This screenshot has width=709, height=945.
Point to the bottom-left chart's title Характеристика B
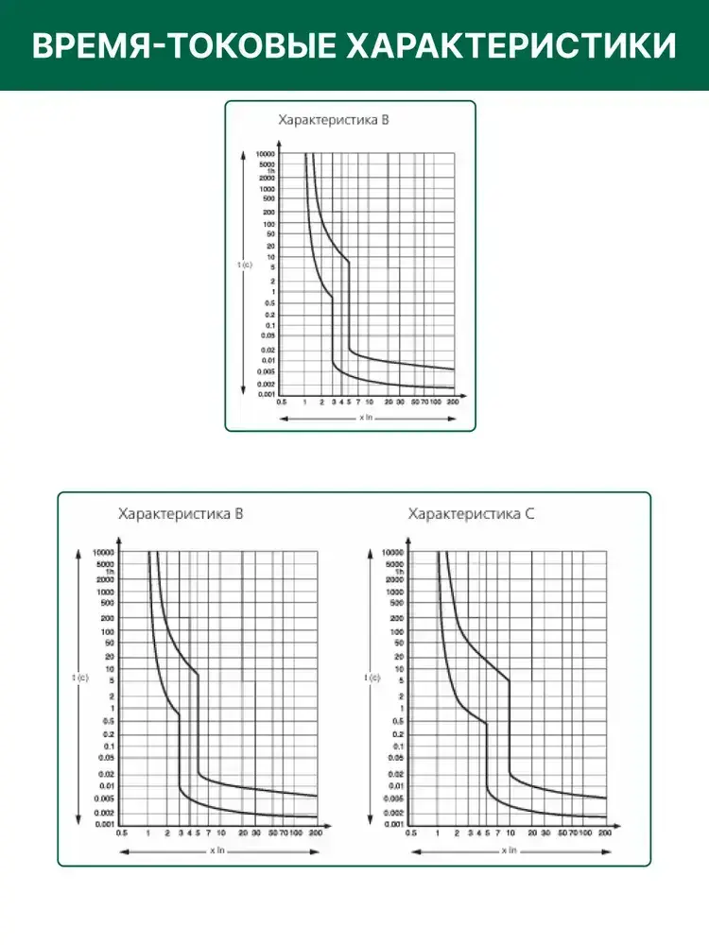point(181,515)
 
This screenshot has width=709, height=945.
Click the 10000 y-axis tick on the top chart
point(266,153)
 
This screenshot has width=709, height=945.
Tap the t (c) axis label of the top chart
point(245,266)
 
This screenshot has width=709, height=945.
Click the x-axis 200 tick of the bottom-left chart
point(316,833)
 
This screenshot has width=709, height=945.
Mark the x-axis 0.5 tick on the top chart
point(281,403)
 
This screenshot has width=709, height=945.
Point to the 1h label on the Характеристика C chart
point(400,572)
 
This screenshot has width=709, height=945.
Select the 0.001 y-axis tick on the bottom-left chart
point(105,825)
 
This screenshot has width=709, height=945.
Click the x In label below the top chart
point(368,417)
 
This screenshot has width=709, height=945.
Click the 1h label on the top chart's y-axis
point(270,171)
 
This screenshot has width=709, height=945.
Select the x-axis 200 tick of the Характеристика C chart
point(605,833)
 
